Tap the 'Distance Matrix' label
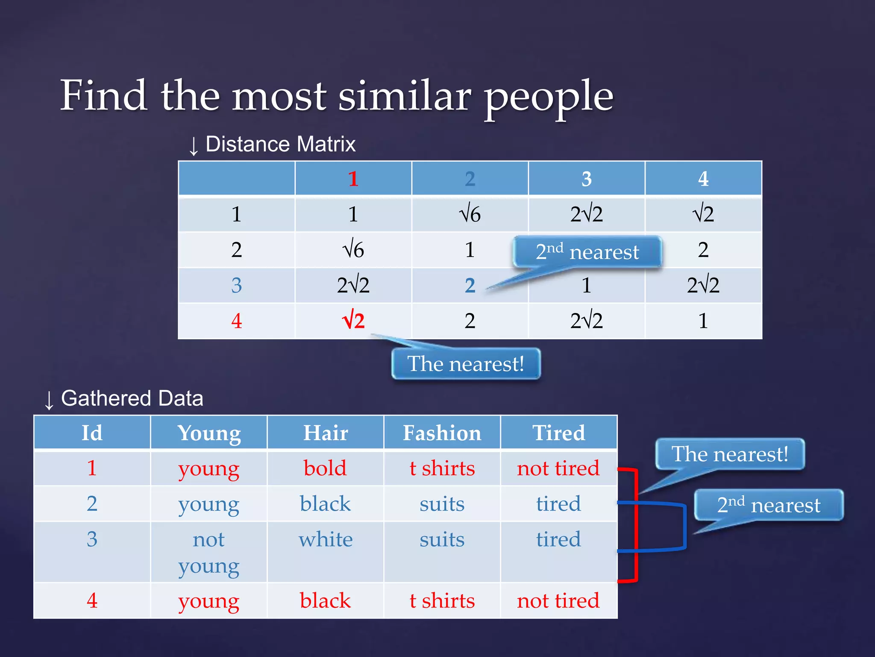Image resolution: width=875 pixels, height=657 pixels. coord(280,144)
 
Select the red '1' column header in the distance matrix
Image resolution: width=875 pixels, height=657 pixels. coord(353,179)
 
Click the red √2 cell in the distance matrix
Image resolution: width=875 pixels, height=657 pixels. coord(353,321)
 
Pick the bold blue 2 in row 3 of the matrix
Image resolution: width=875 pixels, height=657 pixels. coord(470,285)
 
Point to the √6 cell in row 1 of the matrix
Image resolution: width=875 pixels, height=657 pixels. coord(470,214)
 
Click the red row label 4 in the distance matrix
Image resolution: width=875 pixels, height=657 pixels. coord(236,321)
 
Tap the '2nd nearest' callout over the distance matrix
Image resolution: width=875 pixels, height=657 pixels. coord(587,252)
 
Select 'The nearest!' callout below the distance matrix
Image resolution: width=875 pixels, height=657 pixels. coord(466,364)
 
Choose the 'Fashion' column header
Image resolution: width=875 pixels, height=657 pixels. coord(442,433)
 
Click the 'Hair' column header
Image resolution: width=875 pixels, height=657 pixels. coord(325,433)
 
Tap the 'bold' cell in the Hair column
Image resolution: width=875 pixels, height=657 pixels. coord(325,468)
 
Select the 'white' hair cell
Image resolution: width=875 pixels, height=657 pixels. coord(325,539)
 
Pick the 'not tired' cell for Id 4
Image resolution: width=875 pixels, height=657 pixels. coord(558,601)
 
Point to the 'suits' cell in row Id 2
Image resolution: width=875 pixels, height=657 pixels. coord(442,504)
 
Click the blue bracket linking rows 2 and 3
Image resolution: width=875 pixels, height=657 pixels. coord(684,526)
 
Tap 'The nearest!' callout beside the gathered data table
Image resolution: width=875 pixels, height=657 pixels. coord(730,454)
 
